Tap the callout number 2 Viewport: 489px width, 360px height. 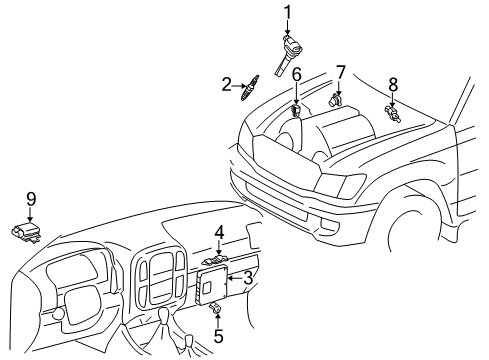(227, 85)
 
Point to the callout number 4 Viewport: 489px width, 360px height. (217, 234)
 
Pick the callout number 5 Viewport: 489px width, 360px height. (218, 337)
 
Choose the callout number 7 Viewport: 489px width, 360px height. (340, 72)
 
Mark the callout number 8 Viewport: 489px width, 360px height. (393, 85)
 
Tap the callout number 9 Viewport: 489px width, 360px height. (31, 199)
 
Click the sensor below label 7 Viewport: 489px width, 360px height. (337, 99)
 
